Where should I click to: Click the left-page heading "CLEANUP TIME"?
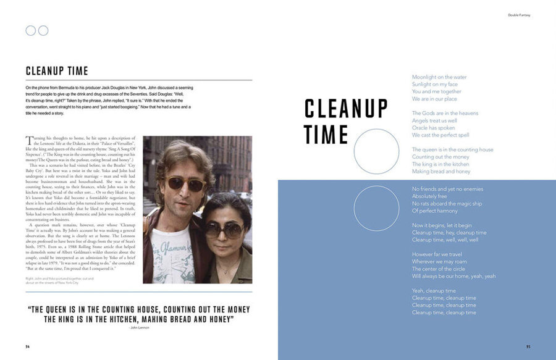tap(57, 71)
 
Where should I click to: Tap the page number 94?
tap(28, 346)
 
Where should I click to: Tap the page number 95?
tap(528, 346)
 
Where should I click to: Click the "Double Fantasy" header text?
tap(520, 15)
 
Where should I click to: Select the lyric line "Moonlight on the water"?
tap(439, 77)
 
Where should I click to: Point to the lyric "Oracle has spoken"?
tap(433, 128)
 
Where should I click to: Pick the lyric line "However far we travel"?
tap(437, 254)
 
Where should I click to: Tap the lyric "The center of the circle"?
tap(439, 269)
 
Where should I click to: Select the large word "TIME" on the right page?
tap(327, 134)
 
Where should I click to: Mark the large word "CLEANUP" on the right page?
tap(346, 109)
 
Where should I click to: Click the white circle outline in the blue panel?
tap(376, 209)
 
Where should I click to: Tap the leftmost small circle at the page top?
tap(31, 30)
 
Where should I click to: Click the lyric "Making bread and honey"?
tap(441, 172)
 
